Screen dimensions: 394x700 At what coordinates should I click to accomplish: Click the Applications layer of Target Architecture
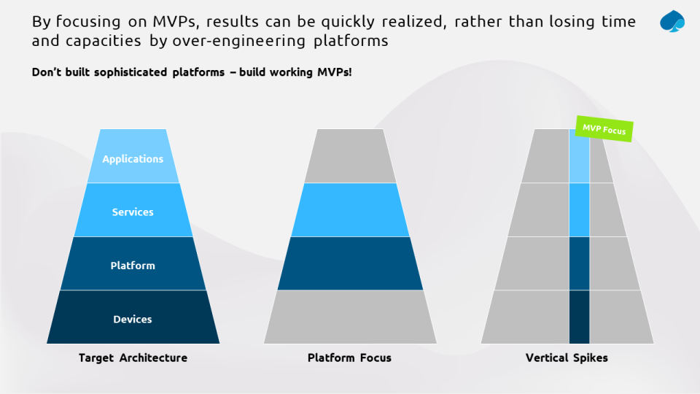coord(133,158)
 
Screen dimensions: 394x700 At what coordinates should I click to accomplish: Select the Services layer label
coord(133,212)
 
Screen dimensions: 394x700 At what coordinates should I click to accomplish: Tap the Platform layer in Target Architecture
coord(133,266)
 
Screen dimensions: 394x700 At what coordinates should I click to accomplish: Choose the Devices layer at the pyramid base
coord(133,319)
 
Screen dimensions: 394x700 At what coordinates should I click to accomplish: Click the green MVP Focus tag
coord(604,129)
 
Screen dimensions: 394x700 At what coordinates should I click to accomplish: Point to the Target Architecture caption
coord(133,358)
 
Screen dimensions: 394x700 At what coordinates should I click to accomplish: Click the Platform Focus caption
coord(349,358)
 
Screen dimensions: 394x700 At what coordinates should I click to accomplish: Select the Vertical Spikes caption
coord(567,358)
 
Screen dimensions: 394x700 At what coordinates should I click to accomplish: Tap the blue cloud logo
coord(672,22)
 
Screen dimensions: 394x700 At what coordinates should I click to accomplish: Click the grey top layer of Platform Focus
coord(350,156)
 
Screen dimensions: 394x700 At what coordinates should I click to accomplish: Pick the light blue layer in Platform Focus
coord(350,210)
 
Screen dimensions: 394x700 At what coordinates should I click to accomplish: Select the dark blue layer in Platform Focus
coord(350,263)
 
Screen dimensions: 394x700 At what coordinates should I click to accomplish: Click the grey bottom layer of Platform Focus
coord(350,317)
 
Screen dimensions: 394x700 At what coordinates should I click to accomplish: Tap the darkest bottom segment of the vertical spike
coord(579,317)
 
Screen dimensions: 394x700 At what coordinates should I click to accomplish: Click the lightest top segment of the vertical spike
coord(579,156)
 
